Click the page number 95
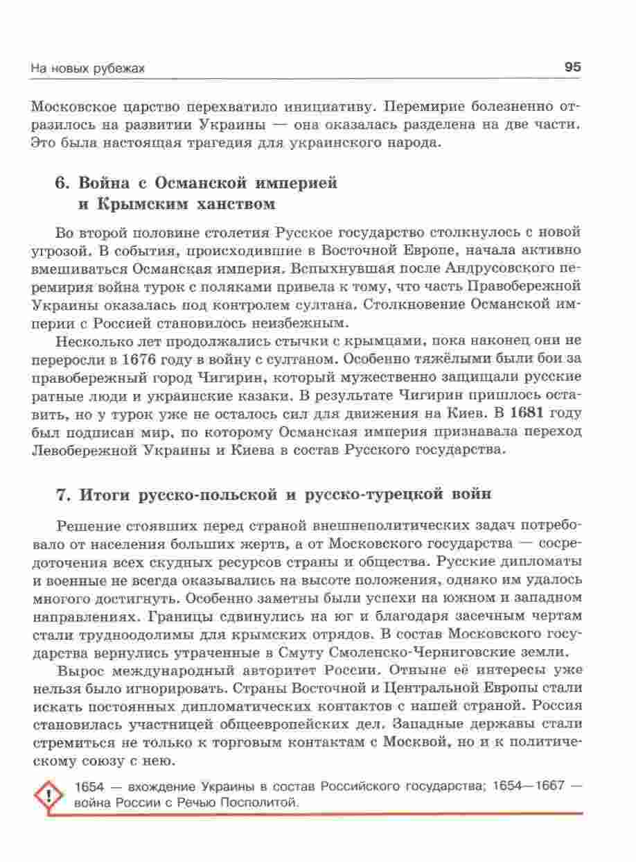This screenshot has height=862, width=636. pos(572,67)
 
